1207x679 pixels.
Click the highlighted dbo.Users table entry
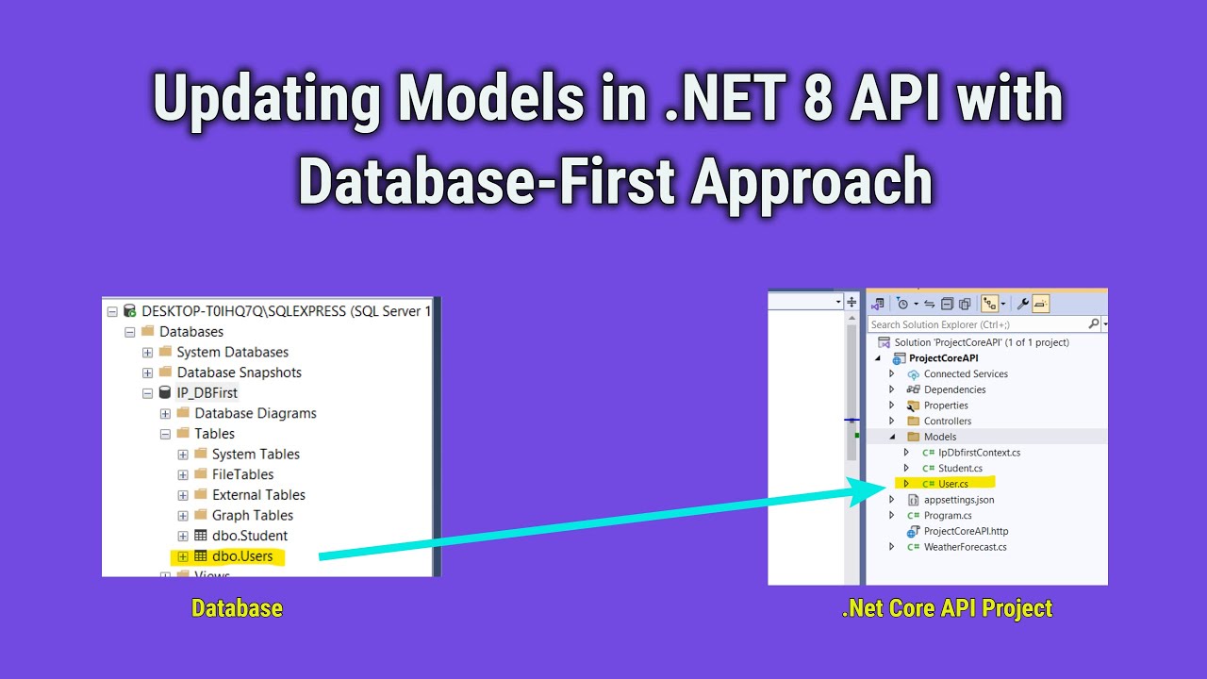241,556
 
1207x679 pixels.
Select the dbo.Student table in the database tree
249,536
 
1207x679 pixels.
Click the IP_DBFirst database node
207,393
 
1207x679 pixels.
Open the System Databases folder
232,352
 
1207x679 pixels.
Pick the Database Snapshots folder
239,373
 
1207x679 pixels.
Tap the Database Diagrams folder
255,413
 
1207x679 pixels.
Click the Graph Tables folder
252,515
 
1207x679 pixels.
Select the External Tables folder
258,495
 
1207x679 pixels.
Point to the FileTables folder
242,474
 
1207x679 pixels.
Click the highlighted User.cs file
952,484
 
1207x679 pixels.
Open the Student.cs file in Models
959,469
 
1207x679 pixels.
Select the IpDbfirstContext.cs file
979,453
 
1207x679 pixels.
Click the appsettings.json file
958,500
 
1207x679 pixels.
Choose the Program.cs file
947,516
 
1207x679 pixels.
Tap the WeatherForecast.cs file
965,547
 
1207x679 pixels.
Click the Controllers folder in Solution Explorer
947,422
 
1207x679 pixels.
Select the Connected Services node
965,374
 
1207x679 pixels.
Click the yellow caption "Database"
237,609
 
